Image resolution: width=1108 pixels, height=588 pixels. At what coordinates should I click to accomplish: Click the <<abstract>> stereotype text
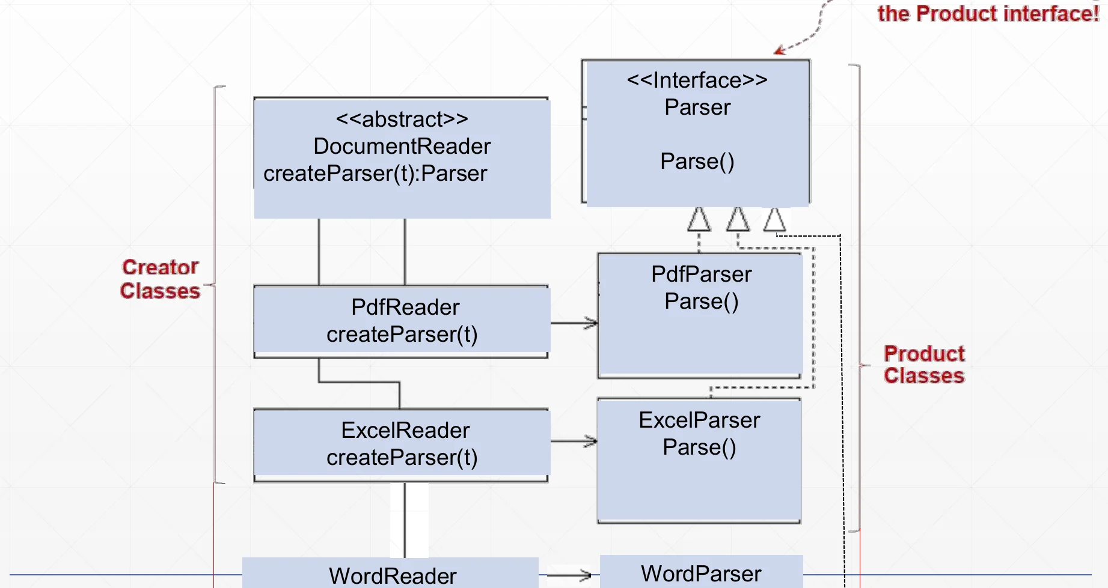[402, 119]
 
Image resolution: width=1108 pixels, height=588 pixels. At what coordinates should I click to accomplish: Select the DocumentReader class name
[402, 146]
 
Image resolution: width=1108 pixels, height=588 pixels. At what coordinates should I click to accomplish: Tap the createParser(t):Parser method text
[375, 174]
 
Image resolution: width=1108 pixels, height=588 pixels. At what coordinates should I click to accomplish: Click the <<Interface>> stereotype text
[697, 80]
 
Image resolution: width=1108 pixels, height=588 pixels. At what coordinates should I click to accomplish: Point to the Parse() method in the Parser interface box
[697, 162]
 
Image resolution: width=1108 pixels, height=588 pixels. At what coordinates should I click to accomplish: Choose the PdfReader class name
[405, 307]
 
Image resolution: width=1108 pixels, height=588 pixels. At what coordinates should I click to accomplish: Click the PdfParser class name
[702, 274]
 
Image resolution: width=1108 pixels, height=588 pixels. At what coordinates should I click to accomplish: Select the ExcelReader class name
[405, 430]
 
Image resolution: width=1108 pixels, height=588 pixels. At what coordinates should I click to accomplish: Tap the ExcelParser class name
[699, 420]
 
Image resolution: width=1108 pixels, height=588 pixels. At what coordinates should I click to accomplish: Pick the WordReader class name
[393, 576]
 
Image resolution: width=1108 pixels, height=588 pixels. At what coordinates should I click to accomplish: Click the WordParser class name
[701, 574]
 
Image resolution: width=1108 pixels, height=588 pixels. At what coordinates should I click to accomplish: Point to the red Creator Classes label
[160, 279]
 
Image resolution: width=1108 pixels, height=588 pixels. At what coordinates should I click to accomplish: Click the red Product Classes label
[924, 364]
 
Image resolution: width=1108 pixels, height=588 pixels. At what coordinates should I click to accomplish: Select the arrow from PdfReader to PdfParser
[574, 323]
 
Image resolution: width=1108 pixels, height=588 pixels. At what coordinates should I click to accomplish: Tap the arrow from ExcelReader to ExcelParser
[574, 441]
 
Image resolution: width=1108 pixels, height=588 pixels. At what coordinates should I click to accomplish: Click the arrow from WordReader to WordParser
[569, 575]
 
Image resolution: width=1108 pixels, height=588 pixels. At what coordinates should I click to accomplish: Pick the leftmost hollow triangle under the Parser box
[699, 219]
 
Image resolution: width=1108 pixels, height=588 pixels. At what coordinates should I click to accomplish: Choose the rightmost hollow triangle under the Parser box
[774, 220]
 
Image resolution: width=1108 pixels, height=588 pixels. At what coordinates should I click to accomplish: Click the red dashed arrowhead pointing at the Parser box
[780, 50]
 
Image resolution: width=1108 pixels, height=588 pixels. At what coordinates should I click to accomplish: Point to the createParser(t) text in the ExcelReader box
[402, 458]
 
